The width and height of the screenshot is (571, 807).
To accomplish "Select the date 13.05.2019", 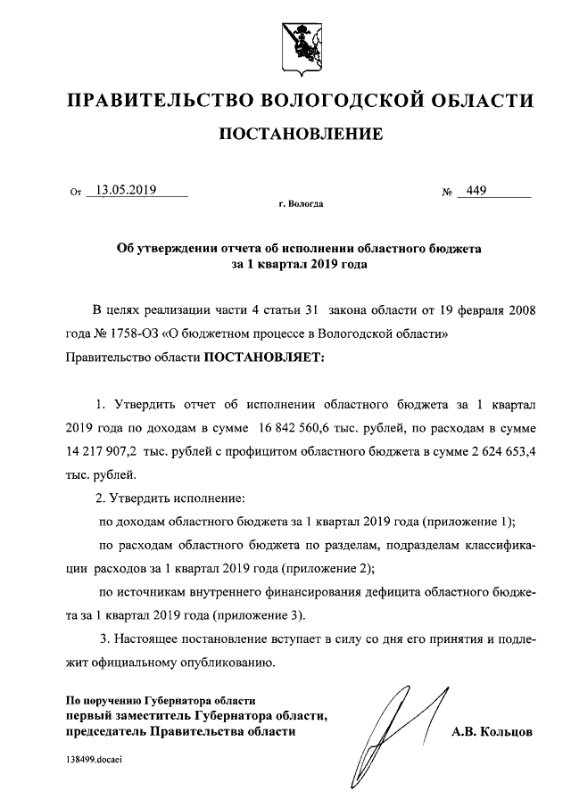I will point(126,189).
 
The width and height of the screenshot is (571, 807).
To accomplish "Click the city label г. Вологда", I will point(301,204).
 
